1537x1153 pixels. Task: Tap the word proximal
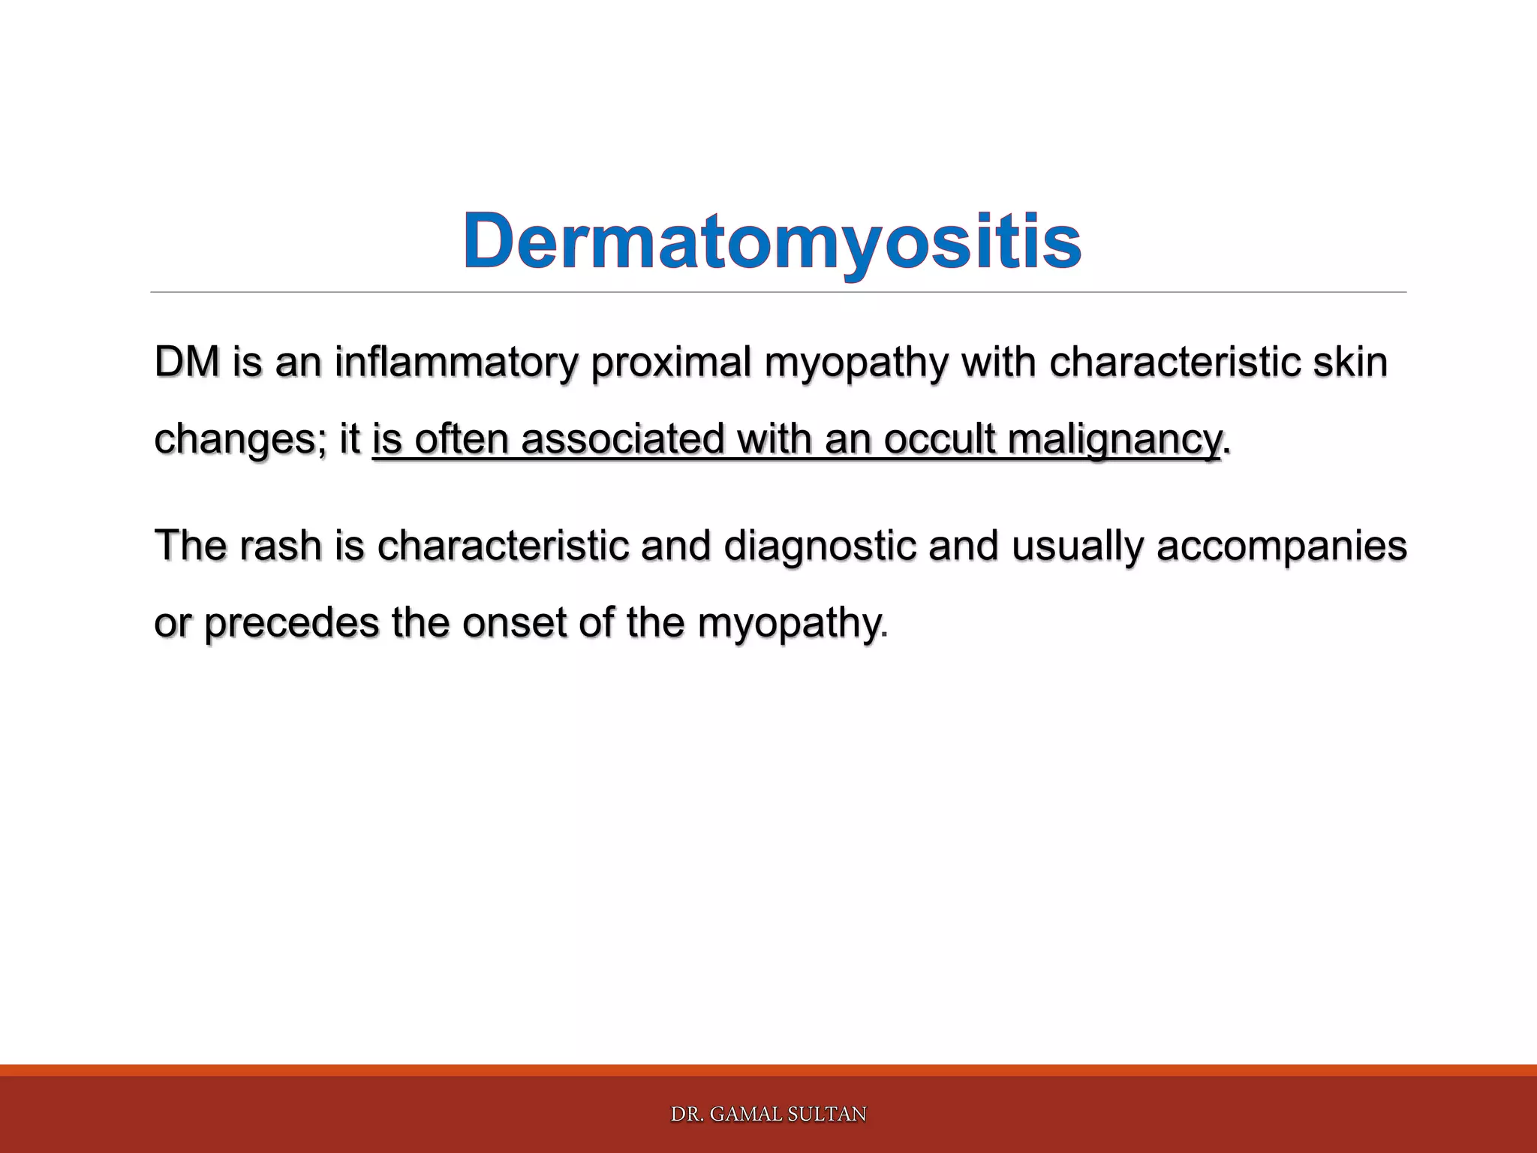click(x=672, y=363)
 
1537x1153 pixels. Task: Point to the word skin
click(x=1350, y=363)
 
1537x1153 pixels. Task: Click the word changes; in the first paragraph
click(x=240, y=439)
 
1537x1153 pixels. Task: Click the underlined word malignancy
click(x=1114, y=439)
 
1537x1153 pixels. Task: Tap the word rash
click(x=281, y=546)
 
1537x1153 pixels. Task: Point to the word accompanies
click(x=1281, y=546)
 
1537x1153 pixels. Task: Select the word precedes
click(x=291, y=622)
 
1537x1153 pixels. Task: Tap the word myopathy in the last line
click(x=787, y=622)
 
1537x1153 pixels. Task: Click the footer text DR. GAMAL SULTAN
click(x=768, y=1114)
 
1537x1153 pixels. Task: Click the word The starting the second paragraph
click(x=191, y=546)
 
